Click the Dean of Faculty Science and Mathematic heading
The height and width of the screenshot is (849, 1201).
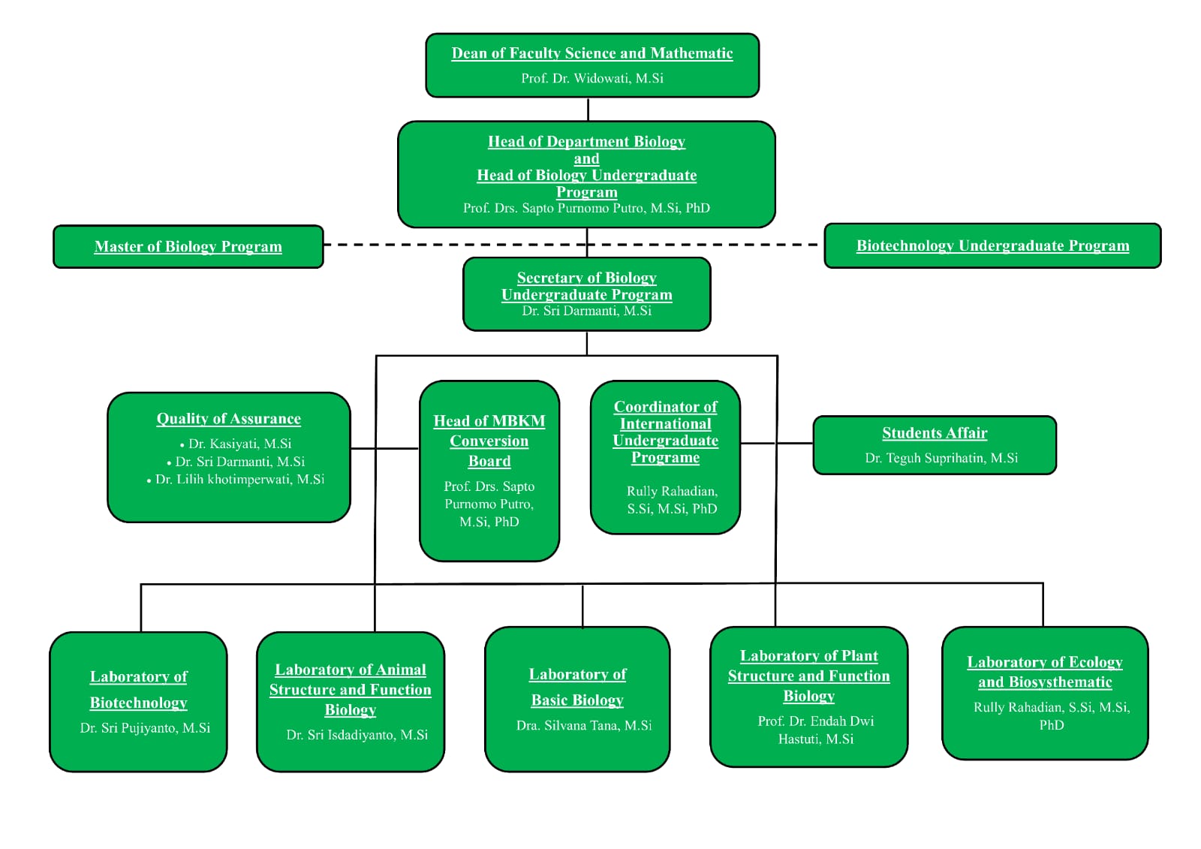pyautogui.click(x=591, y=53)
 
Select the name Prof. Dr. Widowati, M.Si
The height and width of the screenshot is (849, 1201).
pyautogui.click(x=591, y=78)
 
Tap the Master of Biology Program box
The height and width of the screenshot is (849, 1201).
pyautogui.click(x=188, y=246)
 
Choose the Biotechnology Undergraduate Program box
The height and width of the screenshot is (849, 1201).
pyautogui.click(x=992, y=245)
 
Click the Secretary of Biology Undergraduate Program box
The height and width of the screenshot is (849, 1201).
pyautogui.click(x=586, y=294)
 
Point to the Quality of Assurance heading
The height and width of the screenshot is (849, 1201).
pyautogui.click(x=228, y=419)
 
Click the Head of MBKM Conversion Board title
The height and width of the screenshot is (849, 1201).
pyautogui.click(x=489, y=441)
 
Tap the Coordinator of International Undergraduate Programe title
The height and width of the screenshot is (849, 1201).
pyautogui.click(x=665, y=432)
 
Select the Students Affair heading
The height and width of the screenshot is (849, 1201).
pyautogui.click(x=935, y=433)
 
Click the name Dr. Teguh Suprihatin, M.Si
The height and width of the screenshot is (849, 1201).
pyautogui.click(x=941, y=458)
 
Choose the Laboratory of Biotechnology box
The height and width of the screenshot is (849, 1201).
pyautogui.click(x=138, y=701)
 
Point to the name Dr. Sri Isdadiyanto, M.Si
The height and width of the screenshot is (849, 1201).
pyautogui.click(x=357, y=735)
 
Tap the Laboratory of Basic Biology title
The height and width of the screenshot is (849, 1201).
pyautogui.click(x=577, y=687)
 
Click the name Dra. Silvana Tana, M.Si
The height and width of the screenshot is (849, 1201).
pyautogui.click(x=583, y=725)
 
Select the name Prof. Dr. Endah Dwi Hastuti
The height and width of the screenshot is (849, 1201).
pyautogui.click(x=815, y=730)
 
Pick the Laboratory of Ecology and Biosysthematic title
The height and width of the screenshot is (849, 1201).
pyautogui.click(x=1044, y=672)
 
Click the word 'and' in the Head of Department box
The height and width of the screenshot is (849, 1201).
pyautogui.click(x=586, y=159)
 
